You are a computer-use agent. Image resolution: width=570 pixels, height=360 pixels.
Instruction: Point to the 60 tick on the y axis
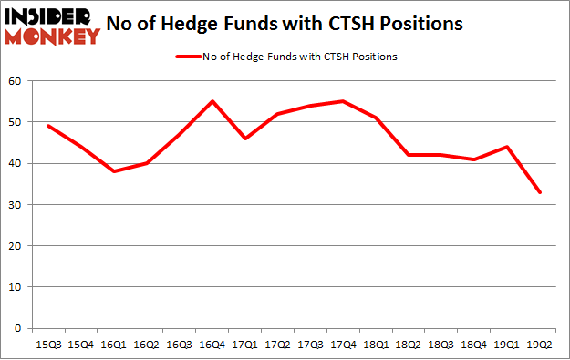click(x=16, y=81)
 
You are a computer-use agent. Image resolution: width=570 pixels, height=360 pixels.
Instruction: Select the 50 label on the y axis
click(x=16, y=122)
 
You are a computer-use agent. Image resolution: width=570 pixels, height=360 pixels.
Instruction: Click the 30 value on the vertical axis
click(x=16, y=204)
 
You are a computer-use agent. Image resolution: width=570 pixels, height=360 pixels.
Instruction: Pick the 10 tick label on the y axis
click(x=16, y=286)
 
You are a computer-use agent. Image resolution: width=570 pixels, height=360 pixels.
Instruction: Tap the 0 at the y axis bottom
click(x=19, y=328)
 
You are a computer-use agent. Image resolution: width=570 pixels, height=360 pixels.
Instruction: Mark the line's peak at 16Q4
click(x=211, y=101)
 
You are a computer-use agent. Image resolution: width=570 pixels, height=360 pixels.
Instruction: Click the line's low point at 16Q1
click(x=112, y=171)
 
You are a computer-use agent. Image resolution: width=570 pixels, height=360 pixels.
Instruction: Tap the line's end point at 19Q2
click(x=540, y=192)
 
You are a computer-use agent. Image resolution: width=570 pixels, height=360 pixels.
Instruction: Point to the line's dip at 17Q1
click(x=244, y=139)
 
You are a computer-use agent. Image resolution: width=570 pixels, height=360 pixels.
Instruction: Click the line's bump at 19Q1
click(x=506, y=147)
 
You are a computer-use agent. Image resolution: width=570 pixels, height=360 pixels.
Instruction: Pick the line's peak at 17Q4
click(x=342, y=101)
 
